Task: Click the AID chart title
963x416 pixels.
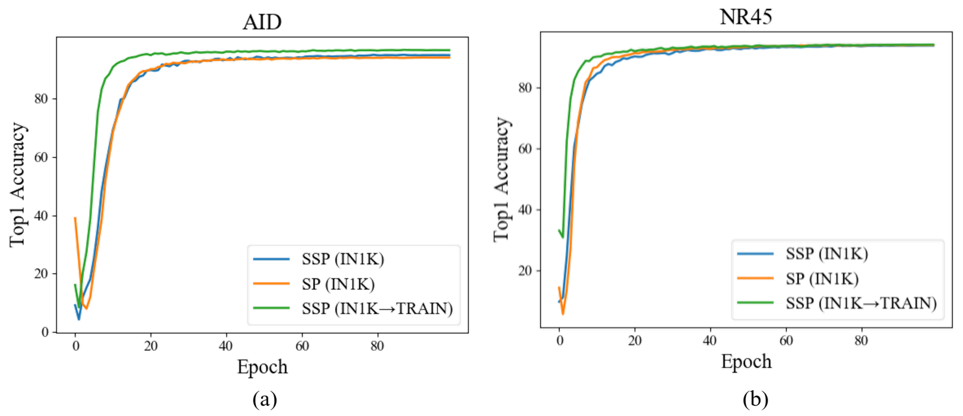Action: [262, 22]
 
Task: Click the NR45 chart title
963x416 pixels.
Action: [745, 17]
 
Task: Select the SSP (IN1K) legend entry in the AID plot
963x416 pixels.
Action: [343, 259]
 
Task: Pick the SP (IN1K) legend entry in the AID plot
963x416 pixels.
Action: [338, 284]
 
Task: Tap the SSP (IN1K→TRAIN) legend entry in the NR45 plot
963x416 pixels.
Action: [860, 303]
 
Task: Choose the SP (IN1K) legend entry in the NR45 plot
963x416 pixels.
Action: [822, 279]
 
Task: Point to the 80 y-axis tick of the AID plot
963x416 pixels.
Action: [41, 99]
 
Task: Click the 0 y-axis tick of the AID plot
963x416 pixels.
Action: [45, 332]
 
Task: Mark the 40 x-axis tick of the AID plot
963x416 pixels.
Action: [226, 346]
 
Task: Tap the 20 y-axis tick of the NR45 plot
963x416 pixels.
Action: [525, 270]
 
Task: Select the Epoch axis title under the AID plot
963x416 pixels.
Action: [262, 367]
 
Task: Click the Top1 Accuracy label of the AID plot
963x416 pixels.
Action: [17, 184]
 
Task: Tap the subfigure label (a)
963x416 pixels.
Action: [265, 400]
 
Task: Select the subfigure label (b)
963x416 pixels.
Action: [755, 400]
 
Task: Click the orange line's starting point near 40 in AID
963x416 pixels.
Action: [75, 218]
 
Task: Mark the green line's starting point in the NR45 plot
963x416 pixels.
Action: [559, 230]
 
